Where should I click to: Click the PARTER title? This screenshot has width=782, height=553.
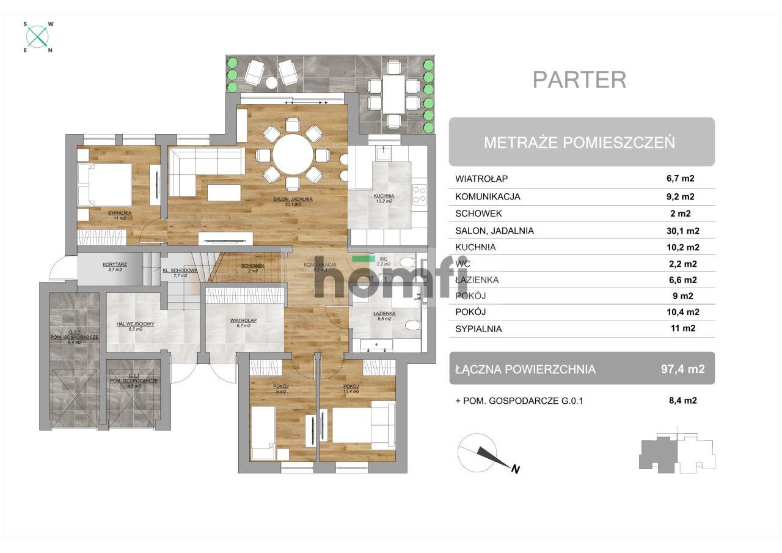[x=579, y=80]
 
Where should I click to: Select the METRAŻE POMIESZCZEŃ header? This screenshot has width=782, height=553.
[x=579, y=143]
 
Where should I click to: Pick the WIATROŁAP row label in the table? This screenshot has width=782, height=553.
[x=482, y=179]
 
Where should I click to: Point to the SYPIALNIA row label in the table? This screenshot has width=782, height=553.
[x=478, y=328]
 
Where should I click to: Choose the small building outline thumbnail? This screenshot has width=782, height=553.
[x=676, y=454]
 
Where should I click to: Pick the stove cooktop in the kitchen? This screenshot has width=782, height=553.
[x=419, y=195]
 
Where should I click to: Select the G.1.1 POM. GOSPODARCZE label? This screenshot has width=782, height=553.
[x=134, y=378]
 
